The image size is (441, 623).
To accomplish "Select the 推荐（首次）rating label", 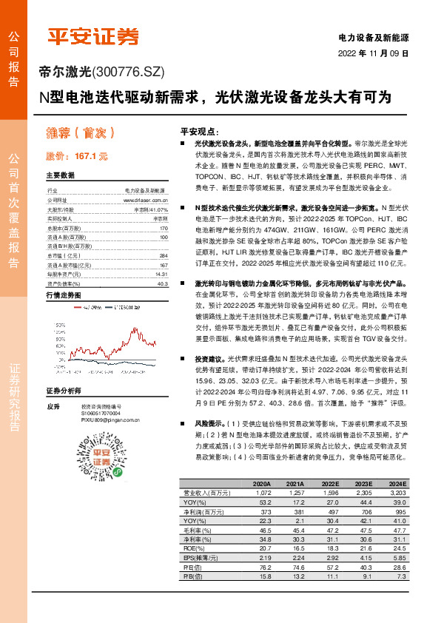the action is click(81, 133).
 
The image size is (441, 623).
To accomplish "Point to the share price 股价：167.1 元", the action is click(77, 157).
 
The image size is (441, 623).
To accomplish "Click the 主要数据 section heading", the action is click(61, 176).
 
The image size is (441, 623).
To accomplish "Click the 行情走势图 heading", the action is click(63, 294).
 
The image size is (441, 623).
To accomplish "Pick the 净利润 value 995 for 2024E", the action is click(400, 511).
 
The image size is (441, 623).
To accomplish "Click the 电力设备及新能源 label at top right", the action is click(373, 37).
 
